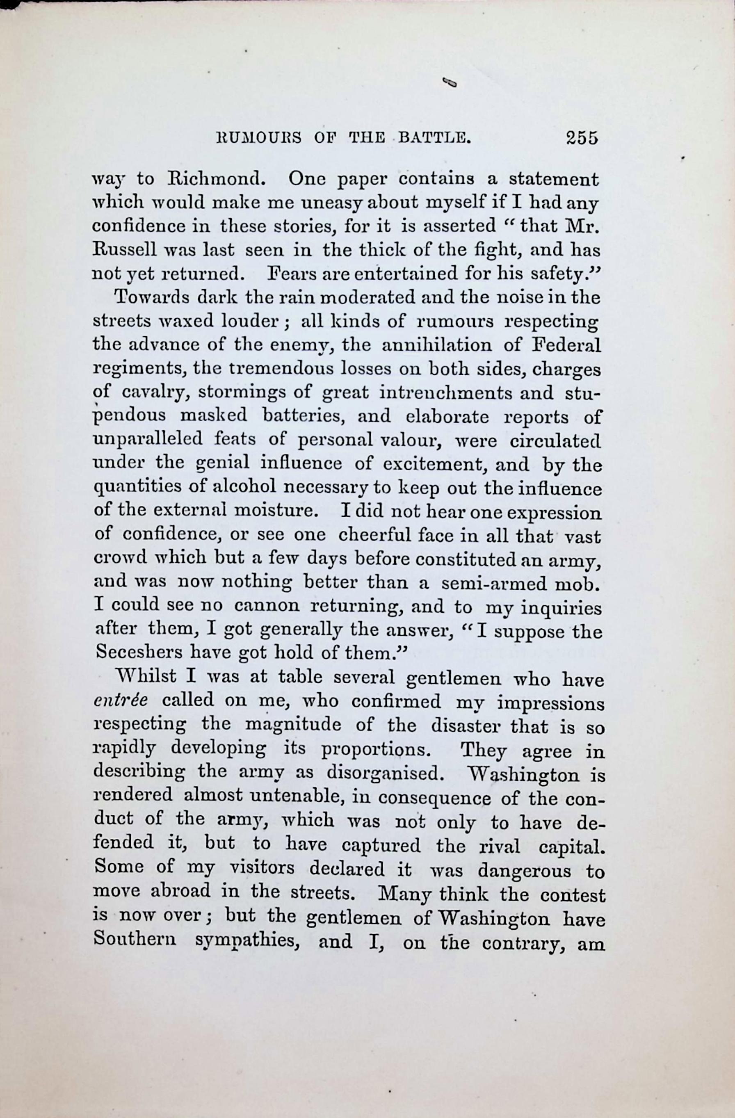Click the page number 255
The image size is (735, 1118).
coord(582,138)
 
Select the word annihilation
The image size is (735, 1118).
coord(436,345)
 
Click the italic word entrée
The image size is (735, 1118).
coord(121,701)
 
